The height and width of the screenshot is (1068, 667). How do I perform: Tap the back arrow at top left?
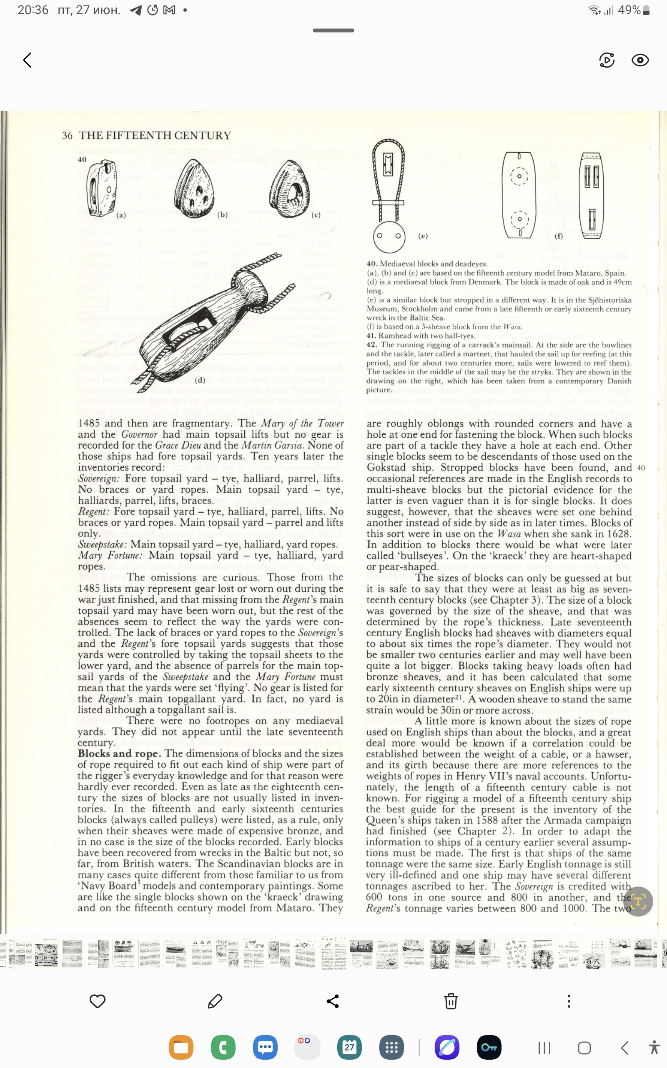[28, 60]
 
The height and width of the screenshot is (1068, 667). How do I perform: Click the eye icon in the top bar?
[639, 60]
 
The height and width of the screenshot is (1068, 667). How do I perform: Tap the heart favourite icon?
[98, 1001]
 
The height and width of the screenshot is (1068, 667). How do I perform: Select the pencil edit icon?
[215, 1001]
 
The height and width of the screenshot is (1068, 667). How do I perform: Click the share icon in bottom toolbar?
[333, 1001]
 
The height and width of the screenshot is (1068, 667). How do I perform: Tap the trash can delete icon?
[450, 1001]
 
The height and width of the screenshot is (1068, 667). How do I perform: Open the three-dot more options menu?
[569, 1001]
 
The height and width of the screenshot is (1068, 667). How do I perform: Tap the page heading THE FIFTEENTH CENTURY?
[155, 136]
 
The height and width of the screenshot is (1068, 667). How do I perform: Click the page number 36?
[67, 136]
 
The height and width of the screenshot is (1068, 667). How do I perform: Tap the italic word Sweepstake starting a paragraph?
[103, 544]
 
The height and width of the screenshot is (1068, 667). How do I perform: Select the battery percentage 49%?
[629, 10]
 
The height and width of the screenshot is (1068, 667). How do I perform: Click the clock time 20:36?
[33, 10]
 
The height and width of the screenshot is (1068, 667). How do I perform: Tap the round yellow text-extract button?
[638, 901]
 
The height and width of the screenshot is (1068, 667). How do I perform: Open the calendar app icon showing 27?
[349, 1047]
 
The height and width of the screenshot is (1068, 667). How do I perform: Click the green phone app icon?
[223, 1047]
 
